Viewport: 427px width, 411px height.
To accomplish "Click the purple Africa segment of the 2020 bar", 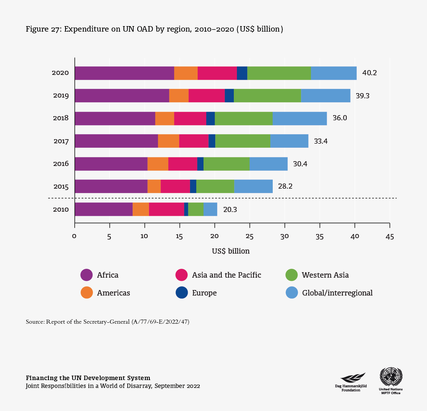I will point(124,73).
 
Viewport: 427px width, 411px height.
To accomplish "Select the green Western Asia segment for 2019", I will point(267,96).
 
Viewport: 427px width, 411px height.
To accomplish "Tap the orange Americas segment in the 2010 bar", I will point(141,209).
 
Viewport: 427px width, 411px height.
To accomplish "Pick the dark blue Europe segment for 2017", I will point(212,141).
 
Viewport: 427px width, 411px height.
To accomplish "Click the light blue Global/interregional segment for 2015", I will point(253,186).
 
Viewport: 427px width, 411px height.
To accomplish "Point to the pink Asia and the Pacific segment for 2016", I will point(183,164).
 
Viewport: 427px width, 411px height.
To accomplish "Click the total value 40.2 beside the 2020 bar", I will point(369,73).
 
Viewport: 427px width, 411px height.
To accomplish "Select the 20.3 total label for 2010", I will point(230,209).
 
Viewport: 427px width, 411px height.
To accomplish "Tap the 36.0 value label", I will point(340,118).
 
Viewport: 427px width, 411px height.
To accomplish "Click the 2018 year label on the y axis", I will point(61,118).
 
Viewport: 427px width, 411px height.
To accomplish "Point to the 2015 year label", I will point(61,187).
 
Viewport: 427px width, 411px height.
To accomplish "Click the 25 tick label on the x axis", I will point(250,236).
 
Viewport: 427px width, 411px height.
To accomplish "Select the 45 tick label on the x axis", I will point(389,236).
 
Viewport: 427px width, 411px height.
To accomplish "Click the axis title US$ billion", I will point(231,251).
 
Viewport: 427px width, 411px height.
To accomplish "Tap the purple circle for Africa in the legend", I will point(86,275).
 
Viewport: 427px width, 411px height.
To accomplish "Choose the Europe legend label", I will point(204,293).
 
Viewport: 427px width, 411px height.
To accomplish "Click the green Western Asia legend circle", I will point(292,275).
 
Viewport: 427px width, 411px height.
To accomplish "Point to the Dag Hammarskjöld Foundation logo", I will point(351,378).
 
